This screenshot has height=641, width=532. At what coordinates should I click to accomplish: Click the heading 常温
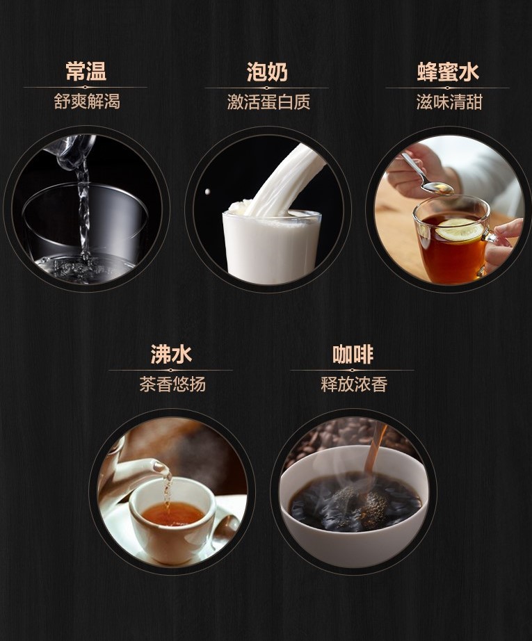[86, 72]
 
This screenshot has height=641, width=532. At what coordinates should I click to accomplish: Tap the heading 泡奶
[267, 72]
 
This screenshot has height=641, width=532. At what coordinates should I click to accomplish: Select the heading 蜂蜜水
[448, 72]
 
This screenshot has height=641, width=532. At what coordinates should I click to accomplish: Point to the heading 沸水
[171, 355]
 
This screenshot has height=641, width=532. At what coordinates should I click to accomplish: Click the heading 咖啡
[353, 355]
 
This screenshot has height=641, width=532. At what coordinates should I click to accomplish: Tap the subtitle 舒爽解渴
[87, 102]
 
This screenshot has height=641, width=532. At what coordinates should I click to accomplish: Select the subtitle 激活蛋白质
[268, 102]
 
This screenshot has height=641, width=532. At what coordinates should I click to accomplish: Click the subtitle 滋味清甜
[449, 102]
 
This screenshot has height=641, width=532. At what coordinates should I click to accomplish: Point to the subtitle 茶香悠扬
[172, 384]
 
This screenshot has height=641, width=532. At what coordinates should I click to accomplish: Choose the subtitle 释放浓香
[354, 384]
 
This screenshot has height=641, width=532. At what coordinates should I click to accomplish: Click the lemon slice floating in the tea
[459, 229]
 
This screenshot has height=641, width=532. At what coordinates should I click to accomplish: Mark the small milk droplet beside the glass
[208, 192]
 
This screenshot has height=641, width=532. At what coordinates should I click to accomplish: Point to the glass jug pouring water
[72, 150]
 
